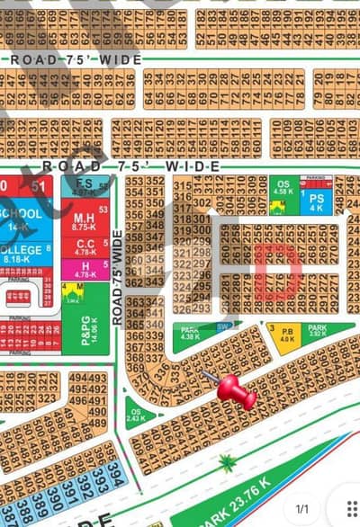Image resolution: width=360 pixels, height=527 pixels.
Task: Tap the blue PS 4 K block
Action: (316, 199)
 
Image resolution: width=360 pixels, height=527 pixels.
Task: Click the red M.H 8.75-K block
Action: (85, 222)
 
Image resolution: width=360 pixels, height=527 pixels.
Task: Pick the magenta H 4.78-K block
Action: (85, 268)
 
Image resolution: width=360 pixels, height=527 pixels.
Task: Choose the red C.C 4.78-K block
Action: (85, 247)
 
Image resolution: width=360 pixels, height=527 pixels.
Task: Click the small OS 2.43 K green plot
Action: (136, 415)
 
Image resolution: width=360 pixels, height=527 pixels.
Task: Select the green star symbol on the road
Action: (227, 464)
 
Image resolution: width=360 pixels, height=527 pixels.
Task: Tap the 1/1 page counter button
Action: (302, 508)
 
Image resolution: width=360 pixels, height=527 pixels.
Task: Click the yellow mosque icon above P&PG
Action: (71, 291)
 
